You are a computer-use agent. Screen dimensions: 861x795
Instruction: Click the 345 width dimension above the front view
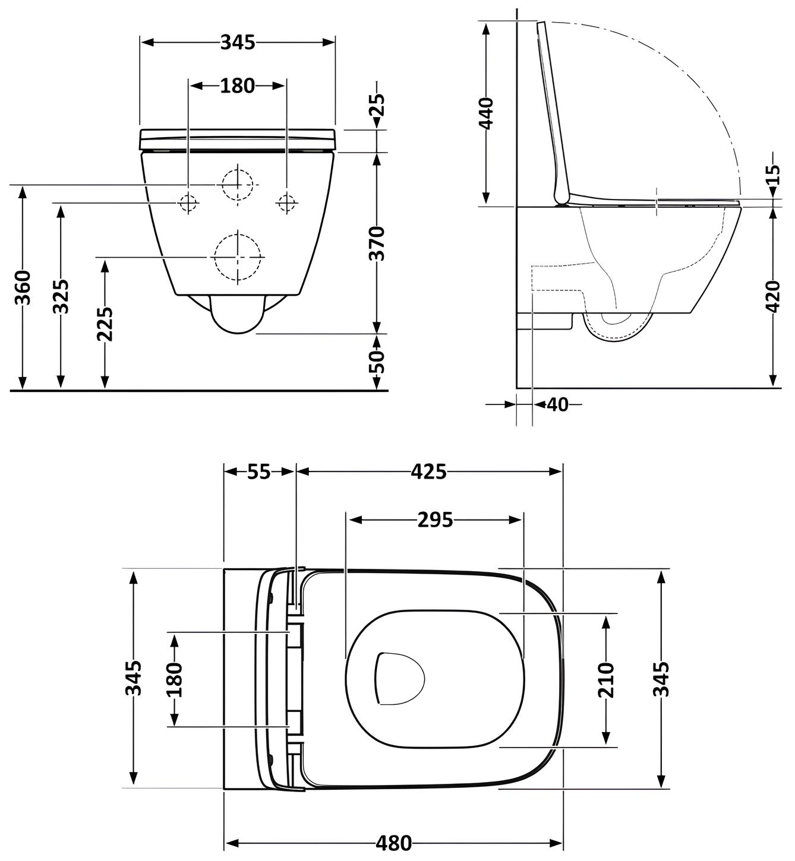click(x=238, y=42)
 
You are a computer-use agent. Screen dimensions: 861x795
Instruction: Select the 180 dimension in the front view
click(x=237, y=86)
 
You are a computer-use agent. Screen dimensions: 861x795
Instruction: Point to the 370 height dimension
click(x=377, y=243)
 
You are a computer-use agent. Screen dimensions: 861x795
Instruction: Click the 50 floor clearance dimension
click(x=377, y=361)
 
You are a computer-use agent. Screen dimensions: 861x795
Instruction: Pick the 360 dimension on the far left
click(x=23, y=287)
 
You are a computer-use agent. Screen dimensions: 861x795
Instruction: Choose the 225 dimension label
click(x=105, y=324)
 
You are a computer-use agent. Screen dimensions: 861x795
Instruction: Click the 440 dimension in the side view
click(x=486, y=113)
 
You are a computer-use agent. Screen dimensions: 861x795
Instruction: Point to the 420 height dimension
click(x=772, y=296)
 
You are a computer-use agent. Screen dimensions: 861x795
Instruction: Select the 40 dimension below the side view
click(x=557, y=404)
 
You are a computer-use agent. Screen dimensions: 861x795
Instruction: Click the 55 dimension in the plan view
click(x=258, y=471)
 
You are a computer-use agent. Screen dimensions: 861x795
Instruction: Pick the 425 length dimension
click(x=428, y=471)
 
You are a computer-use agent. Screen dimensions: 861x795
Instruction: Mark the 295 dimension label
click(x=435, y=520)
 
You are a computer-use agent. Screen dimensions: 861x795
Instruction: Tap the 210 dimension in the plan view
click(x=605, y=680)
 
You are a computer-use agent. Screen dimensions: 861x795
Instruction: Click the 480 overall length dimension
click(x=393, y=843)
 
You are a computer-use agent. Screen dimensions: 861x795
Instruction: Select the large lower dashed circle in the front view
click(x=238, y=258)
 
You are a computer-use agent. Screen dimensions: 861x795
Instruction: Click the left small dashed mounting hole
click(x=188, y=203)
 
